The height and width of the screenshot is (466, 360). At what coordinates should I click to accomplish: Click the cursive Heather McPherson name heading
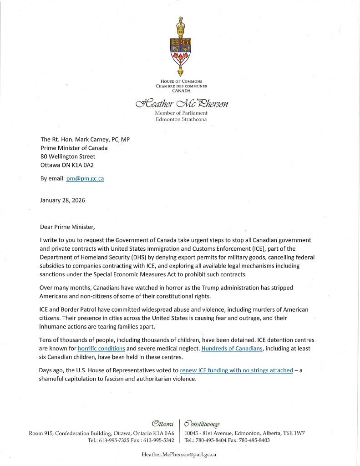click(x=181, y=103)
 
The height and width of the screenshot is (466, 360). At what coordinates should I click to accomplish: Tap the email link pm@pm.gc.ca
click(x=85, y=178)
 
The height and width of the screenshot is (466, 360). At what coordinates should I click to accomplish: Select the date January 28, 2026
click(x=62, y=200)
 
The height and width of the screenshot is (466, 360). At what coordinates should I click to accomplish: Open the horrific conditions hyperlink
click(x=101, y=348)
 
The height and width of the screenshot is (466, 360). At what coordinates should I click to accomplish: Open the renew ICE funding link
click(x=236, y=370)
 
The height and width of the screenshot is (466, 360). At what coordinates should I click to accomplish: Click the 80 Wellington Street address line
click(x=68, y=156)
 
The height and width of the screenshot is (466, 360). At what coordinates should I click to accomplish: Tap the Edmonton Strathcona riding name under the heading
click(x=181, y=119)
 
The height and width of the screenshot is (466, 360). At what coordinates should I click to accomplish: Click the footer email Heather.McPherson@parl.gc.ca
click(x=179, y=454)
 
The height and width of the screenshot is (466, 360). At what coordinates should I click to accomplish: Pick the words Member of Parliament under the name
click(x=181, y=113)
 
